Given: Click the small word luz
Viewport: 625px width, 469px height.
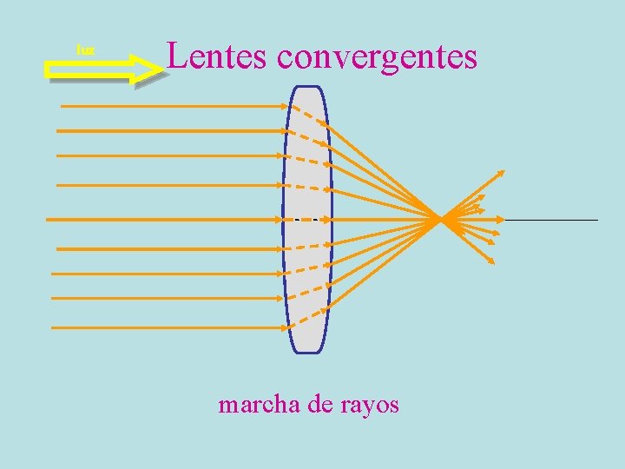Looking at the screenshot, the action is click(x=85, y=51).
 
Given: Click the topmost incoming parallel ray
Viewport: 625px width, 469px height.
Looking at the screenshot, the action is click(x=174, y=105).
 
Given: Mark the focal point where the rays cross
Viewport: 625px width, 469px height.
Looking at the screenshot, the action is click(x=442, y=218).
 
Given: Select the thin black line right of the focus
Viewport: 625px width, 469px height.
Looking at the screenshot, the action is click(x=552, y=220).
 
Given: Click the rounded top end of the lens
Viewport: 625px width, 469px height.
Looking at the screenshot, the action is click(x=306, y=89).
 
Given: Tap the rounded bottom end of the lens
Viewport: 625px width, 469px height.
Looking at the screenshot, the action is click(x=306, y=349).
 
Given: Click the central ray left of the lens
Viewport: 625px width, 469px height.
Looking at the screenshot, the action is click(x=165, y=218).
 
